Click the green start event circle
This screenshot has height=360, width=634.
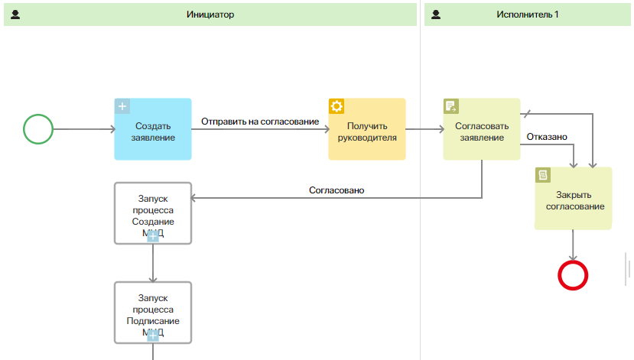click(38, 128)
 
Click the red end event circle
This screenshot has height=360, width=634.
click(573, 275)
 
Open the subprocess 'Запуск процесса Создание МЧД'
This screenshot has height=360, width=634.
click(153, 212)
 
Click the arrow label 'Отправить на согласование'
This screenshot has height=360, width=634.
click(260, 122)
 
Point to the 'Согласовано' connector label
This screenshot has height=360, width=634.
click(337, 190)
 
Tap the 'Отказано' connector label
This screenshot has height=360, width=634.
click(547, 137)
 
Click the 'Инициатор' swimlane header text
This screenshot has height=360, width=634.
click(210, 15)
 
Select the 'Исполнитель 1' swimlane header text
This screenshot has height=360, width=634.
click(528, 15)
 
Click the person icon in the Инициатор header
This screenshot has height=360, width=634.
click(15, 15)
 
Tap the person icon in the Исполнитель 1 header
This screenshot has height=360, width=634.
click(437, 15)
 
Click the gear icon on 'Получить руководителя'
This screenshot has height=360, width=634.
click(337, 106)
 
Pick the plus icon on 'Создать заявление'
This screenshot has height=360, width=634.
click(122, 106)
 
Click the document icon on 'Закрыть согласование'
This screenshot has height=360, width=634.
click(543, 175)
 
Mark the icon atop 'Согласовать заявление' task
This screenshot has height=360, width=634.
click(451, 106)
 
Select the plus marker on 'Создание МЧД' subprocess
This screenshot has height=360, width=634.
click(152, 236)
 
